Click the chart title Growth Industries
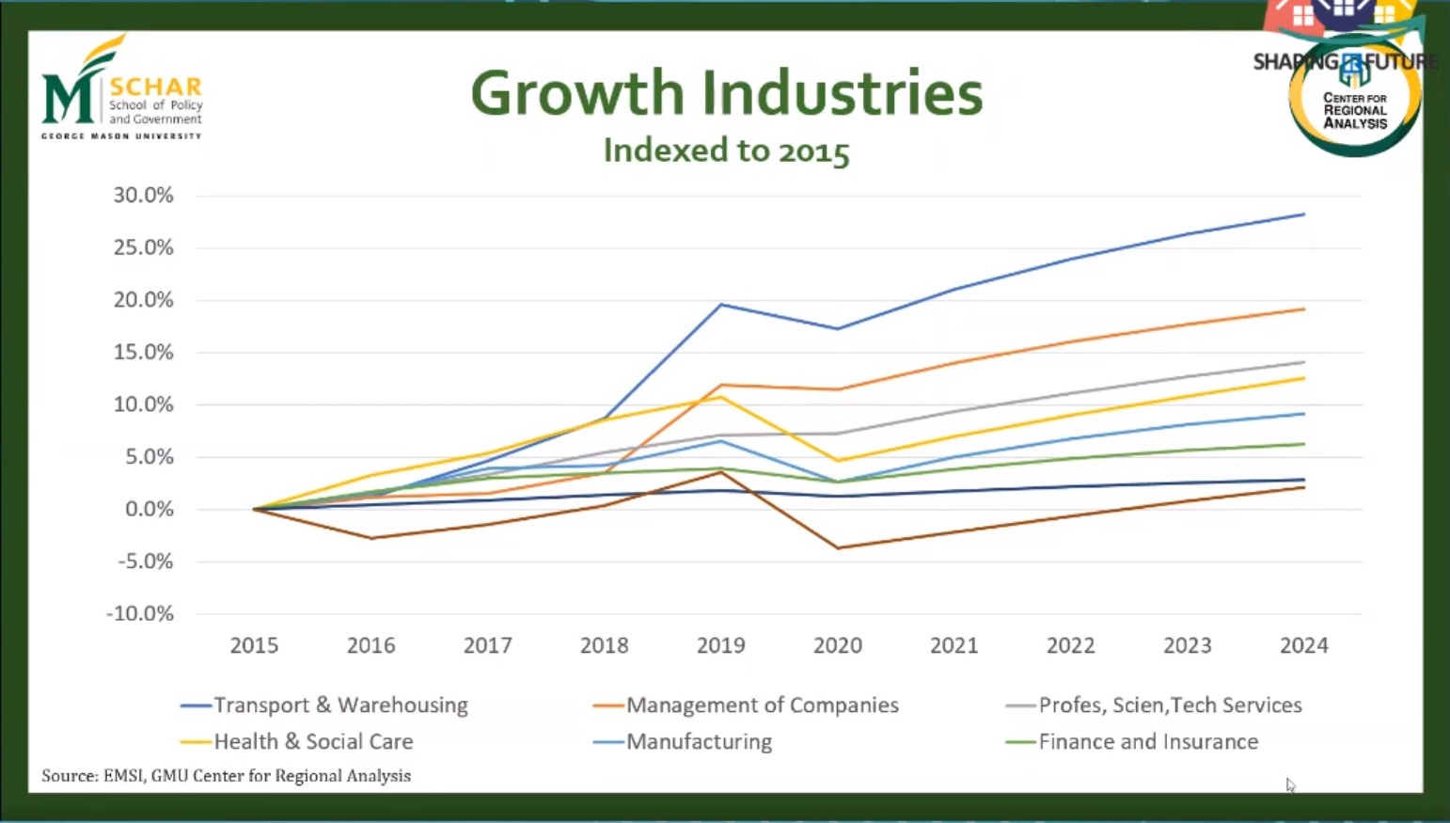(x=726, y=93)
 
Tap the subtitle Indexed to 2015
(x=726, y=150)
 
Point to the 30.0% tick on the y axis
(x=144, y=196)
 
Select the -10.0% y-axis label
(x=140, y=614)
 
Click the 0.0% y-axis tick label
(x=144, y=509)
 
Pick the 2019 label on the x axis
(x=720, y=645)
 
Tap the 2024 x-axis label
(x=1303, y=645)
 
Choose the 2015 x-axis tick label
(x=254, y=645)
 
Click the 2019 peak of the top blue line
(x=721, y=304)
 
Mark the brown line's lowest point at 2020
(x=838, y=547)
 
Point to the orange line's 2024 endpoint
(x=1303, y=309)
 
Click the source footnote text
(x=226, y=776)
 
